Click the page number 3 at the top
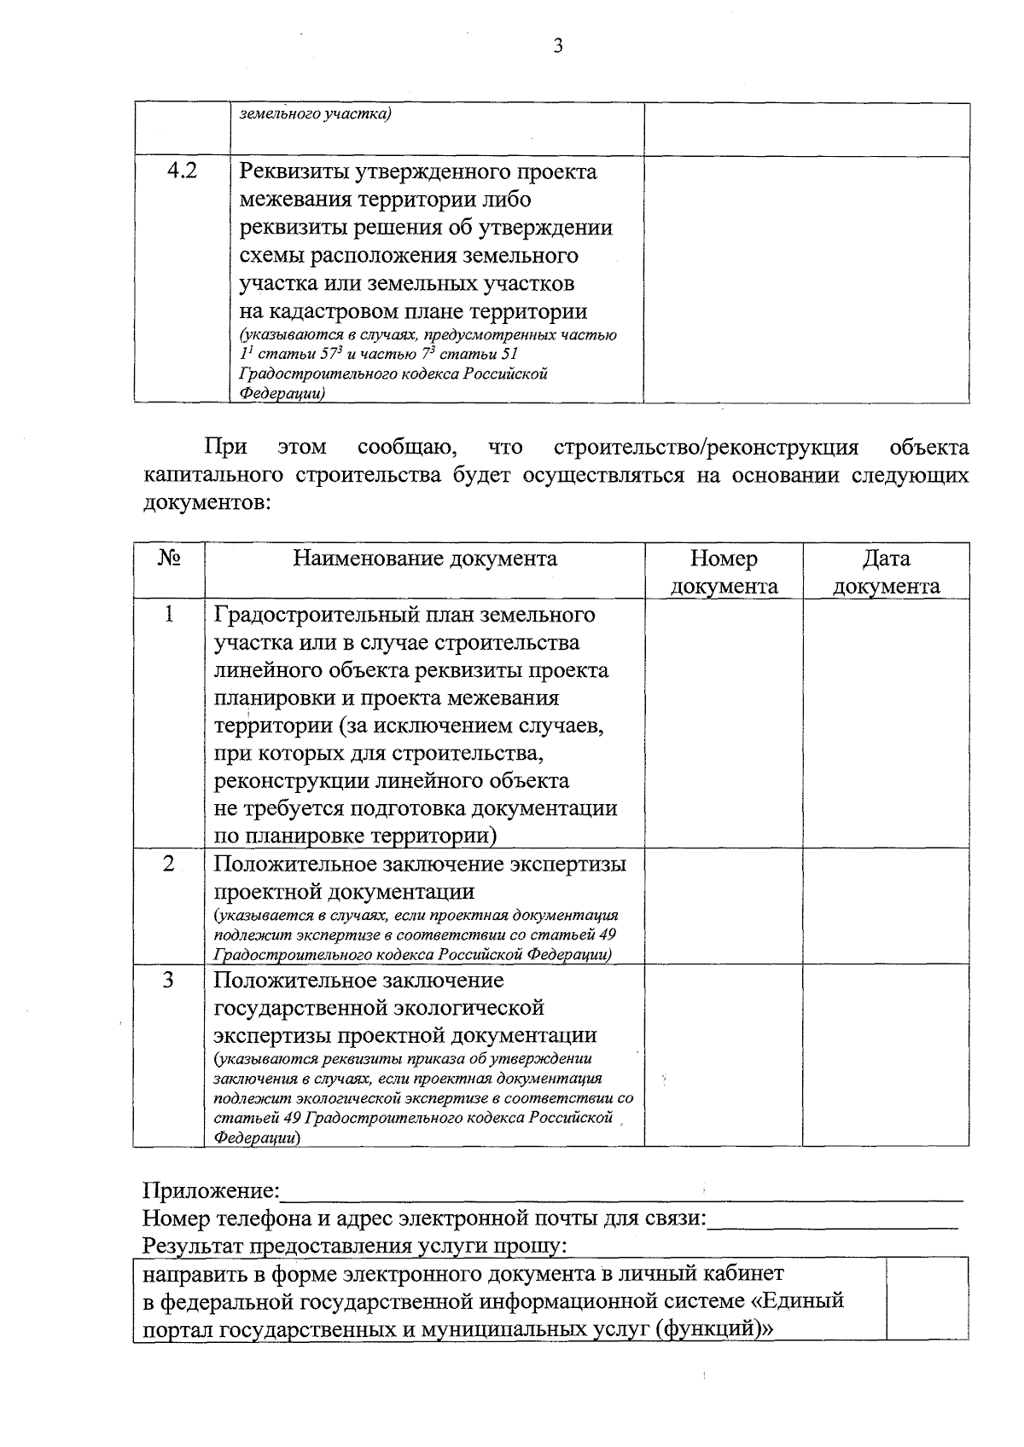pyautogui.click(x=558, y=46)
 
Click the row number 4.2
pyautogui.click(x=182, y=171)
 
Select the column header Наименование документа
pyautogui.click(x=425, y=559)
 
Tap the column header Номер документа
pyautogui.click(x=724, y=572)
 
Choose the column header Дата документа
pyautogui.click(x=886, y=572)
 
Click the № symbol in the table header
pyautogui.click(x=169, y=559)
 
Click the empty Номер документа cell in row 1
pyautogui.click(x=724, y=723)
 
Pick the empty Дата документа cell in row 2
pyautogui.click(x=886, y=906)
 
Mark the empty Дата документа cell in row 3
pyautogui.click(x=886, y=1055)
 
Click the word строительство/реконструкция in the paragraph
pyautogui.click(x=706, y=448)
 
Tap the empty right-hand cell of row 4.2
pyautogui.click(x=806, y=279)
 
